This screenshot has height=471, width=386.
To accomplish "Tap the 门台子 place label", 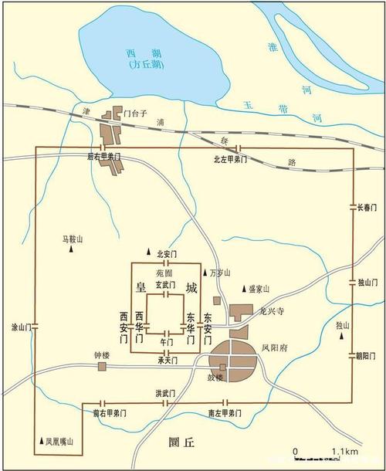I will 145,114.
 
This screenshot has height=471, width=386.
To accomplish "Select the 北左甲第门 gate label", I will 230,159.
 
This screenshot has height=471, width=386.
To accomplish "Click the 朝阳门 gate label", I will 365,356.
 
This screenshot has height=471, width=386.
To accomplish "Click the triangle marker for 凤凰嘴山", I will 41,442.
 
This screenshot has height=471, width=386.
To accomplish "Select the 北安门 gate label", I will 167,253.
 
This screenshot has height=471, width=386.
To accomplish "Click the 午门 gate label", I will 166,341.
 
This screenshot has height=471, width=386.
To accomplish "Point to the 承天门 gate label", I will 168,361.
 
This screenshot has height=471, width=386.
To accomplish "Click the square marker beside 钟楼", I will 102,367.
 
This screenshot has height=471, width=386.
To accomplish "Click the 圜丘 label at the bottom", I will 184,442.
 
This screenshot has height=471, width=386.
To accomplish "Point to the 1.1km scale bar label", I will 344,451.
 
